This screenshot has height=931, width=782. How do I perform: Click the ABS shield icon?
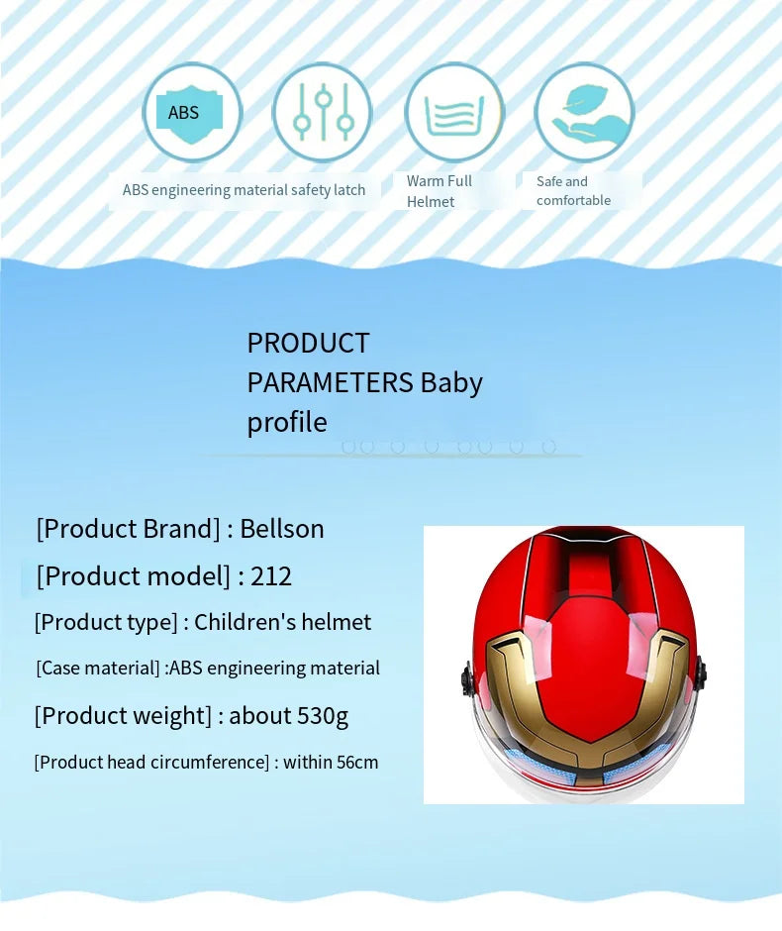click(192, 113)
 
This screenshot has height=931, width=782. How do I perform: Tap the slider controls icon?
click(322, 113)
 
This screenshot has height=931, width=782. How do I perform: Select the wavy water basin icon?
click(454, 113)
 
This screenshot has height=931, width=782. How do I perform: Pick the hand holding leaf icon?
click(584, 113)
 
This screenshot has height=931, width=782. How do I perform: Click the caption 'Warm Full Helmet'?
click(440, 191)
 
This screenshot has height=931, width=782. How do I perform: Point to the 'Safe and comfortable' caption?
click(573, 191)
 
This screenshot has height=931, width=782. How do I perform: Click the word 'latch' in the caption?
click(349, 190)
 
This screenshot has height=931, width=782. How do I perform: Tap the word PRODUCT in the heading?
click(308, 343)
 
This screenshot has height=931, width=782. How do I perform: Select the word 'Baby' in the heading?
click(451, 382)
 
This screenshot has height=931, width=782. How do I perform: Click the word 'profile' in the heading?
click(286, 423)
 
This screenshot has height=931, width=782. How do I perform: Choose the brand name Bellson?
click(282, 529)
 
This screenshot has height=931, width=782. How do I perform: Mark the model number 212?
click(271, 576)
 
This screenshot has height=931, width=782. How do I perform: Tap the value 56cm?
click(358, 763)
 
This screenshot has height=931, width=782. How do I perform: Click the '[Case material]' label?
click(97, 669)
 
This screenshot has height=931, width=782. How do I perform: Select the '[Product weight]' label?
click(123, 715)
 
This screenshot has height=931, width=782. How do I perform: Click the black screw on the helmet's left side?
click(466, 679)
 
